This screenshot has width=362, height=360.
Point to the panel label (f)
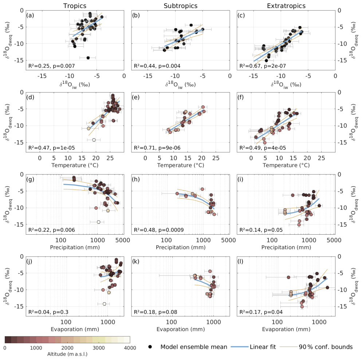(243, 98)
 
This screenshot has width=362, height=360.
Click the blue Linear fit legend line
(239, 347)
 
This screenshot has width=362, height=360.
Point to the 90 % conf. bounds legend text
(326, 347)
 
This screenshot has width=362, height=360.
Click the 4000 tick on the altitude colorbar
(130, 348)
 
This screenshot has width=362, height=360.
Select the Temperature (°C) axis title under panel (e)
(181, 165)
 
